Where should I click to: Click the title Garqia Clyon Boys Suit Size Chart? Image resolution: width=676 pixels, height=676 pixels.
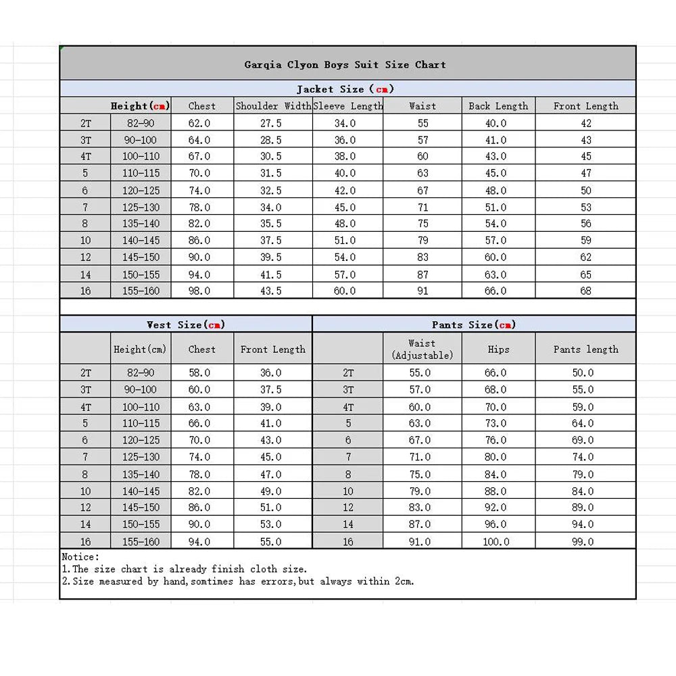coord(345,65)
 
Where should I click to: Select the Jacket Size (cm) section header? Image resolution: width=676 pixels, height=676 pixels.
coord(345,89)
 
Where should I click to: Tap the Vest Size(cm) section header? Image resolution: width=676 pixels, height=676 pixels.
coord(185,324)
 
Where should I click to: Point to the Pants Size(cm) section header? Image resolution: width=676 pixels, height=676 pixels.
coord(474,324)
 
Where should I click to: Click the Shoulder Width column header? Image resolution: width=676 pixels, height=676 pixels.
coord(273,106)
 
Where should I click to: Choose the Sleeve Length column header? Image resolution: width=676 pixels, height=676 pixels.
coord(348,106)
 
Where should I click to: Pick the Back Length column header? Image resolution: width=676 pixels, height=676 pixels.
coord(498,106)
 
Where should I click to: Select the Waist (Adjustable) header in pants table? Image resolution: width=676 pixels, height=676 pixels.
coord(422,349)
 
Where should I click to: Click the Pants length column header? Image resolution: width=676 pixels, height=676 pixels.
coord(585,349)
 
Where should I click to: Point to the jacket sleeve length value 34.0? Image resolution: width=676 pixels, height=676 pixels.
coord(345,123)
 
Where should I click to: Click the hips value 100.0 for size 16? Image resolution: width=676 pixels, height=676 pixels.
coord(496,541)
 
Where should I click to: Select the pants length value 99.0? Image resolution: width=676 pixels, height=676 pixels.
coord(583,541)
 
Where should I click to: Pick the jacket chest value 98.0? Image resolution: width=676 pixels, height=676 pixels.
coord(199,291)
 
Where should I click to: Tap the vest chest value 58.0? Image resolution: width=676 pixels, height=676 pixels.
coord(199,372)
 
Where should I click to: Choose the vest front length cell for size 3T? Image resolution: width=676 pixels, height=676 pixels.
coord(271,389)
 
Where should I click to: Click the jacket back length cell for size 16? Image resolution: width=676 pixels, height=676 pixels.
coord(496,291)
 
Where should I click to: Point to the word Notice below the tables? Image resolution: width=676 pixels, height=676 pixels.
coord(80,557)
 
